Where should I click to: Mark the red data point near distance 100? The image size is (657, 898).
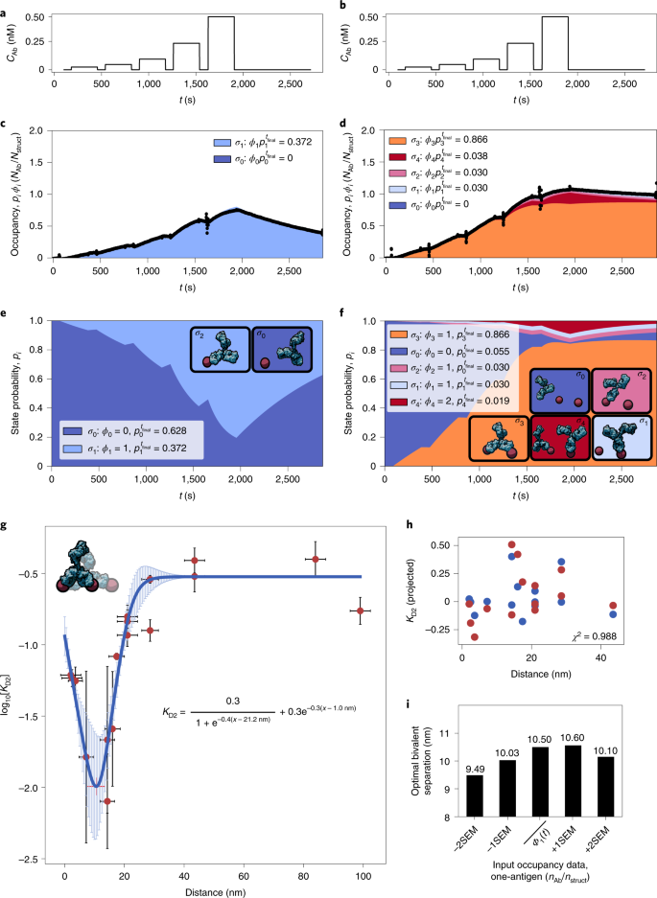click(360, 610)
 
